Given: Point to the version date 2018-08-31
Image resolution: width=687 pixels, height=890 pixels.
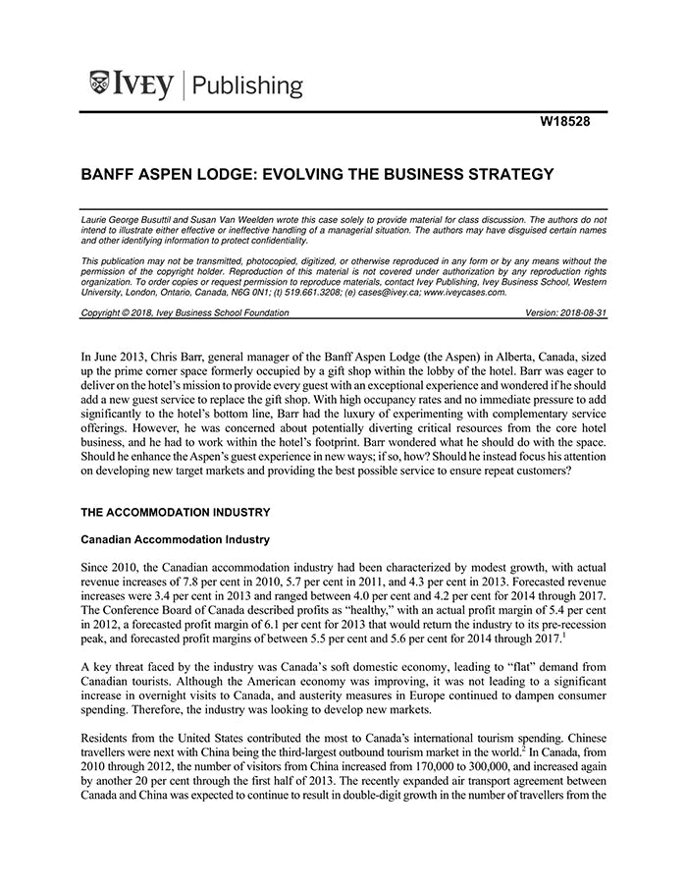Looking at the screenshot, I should [578, 312].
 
